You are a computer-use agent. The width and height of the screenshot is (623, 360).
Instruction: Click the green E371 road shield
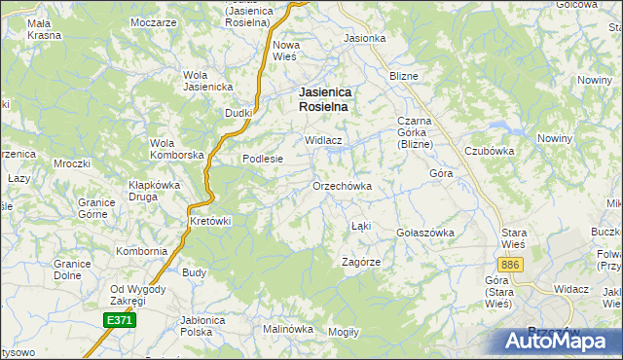[118, 319]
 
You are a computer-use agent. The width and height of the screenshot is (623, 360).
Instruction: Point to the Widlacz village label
[324, 140]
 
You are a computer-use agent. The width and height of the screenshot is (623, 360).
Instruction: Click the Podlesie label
[262, 160]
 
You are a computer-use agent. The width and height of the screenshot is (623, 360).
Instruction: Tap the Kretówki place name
[209, 221]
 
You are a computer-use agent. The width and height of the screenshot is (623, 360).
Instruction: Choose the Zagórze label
[360, 263]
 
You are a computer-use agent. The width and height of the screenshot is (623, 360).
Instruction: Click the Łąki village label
[361, 227]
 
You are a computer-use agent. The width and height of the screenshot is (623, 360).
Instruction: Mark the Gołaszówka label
[426, 234]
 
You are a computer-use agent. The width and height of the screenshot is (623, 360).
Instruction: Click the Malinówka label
[287, 329]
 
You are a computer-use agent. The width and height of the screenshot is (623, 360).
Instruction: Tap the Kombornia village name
[142, 251]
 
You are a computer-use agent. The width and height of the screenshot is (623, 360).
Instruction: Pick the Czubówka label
[489, 151]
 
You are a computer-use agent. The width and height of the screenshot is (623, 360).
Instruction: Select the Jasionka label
[365, 39]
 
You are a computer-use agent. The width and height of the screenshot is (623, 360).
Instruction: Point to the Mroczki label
[72, 163]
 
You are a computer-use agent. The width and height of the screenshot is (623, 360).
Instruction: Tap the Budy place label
[194, 273]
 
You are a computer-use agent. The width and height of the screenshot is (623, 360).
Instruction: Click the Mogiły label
[344, 332]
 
